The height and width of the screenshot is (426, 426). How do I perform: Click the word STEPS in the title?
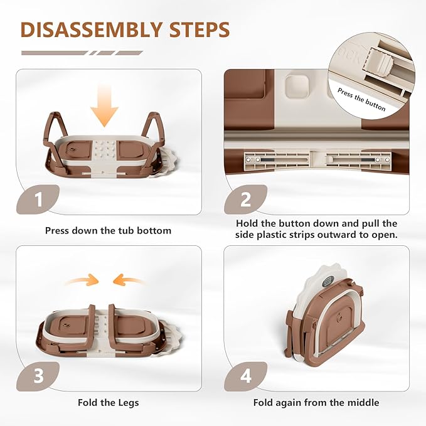tap(200, 29)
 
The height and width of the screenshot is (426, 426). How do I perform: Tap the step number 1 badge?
tap(38, 200)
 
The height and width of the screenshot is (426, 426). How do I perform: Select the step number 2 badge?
tap(245, 200)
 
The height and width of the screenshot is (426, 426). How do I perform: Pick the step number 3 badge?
tap(38, 376)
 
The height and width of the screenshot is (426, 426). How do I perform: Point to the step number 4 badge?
tap(245, 376)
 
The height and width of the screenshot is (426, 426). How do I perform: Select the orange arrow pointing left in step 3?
tap(129, 280)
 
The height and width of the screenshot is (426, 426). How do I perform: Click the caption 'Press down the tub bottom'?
tap(108, 231)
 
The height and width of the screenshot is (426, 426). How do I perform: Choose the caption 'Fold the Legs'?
tap(108, 402)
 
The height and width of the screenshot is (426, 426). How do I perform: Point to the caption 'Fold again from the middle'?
tap(316, 402)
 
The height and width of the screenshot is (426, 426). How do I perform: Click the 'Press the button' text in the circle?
tap(361, 99)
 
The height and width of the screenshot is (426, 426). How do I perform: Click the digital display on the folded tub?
tap(328, 282)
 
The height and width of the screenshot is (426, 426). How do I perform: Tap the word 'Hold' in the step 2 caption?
tap(247, 223)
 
